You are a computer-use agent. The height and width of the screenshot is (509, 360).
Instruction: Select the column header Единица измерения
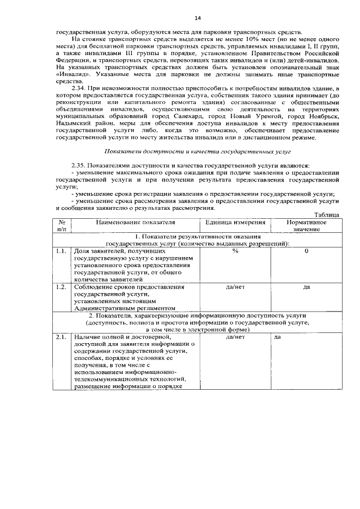235,223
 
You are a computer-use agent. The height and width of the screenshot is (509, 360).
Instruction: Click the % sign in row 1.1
235,251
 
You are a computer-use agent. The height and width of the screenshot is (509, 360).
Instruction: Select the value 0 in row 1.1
306,251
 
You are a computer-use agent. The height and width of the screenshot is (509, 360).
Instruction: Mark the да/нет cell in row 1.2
235,286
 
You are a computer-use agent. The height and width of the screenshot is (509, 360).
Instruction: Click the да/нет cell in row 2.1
235,337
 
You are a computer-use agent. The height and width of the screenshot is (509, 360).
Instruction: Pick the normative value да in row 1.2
306,286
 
